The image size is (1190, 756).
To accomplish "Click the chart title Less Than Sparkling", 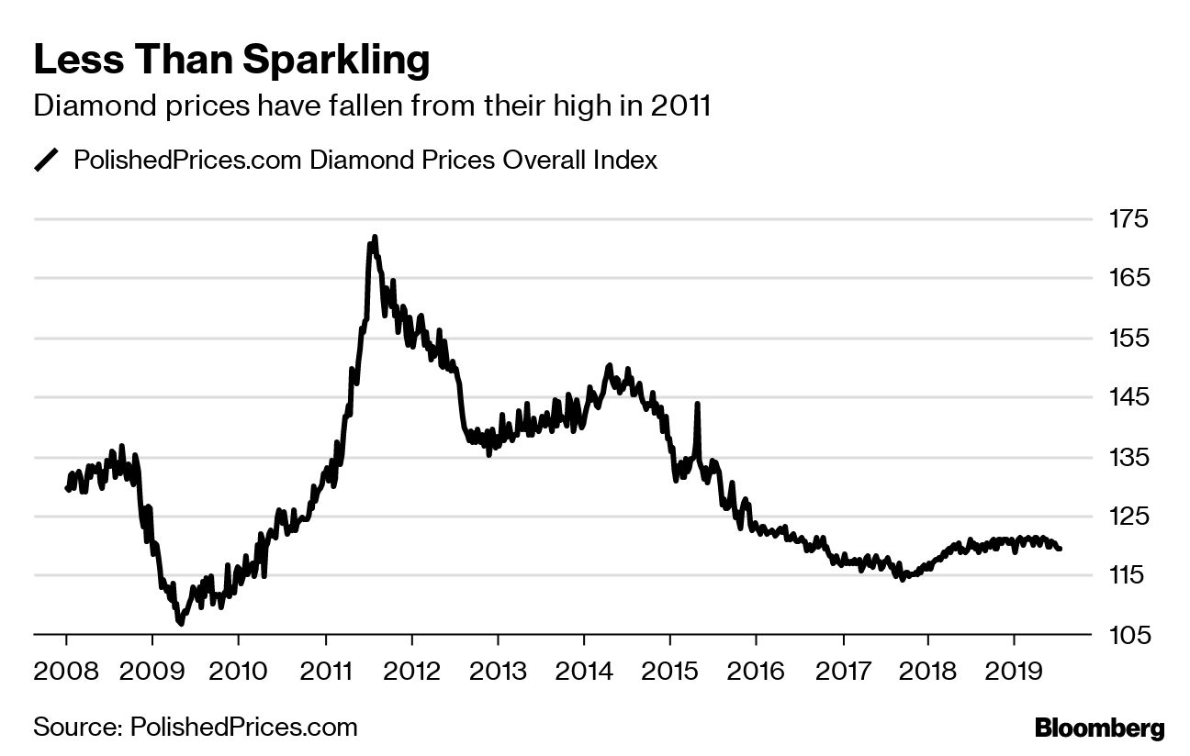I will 231,60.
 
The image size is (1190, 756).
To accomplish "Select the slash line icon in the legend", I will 46,160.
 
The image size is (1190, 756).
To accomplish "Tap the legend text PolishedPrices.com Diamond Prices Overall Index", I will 365,160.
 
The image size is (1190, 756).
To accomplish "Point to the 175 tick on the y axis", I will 1129,219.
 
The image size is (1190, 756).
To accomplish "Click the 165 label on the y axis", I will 1129,278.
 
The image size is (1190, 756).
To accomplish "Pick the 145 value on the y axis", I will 1129,397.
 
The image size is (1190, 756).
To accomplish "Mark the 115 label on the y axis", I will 1129,575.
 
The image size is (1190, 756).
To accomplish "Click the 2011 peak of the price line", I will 375,238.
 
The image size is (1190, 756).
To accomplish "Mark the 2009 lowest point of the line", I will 181,624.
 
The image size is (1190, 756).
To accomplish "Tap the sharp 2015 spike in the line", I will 698,404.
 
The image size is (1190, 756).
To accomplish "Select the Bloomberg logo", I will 1099,729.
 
